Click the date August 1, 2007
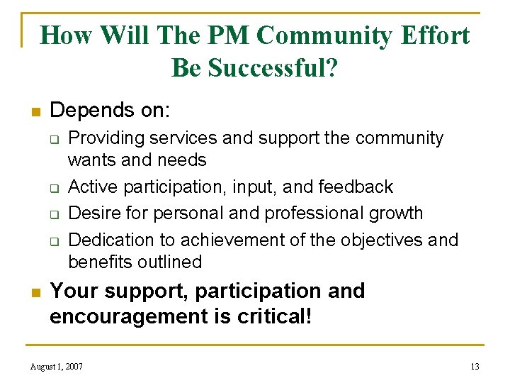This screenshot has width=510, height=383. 57,367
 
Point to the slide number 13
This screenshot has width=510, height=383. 475,367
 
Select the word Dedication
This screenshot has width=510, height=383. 106,239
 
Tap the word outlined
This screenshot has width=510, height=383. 169,262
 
